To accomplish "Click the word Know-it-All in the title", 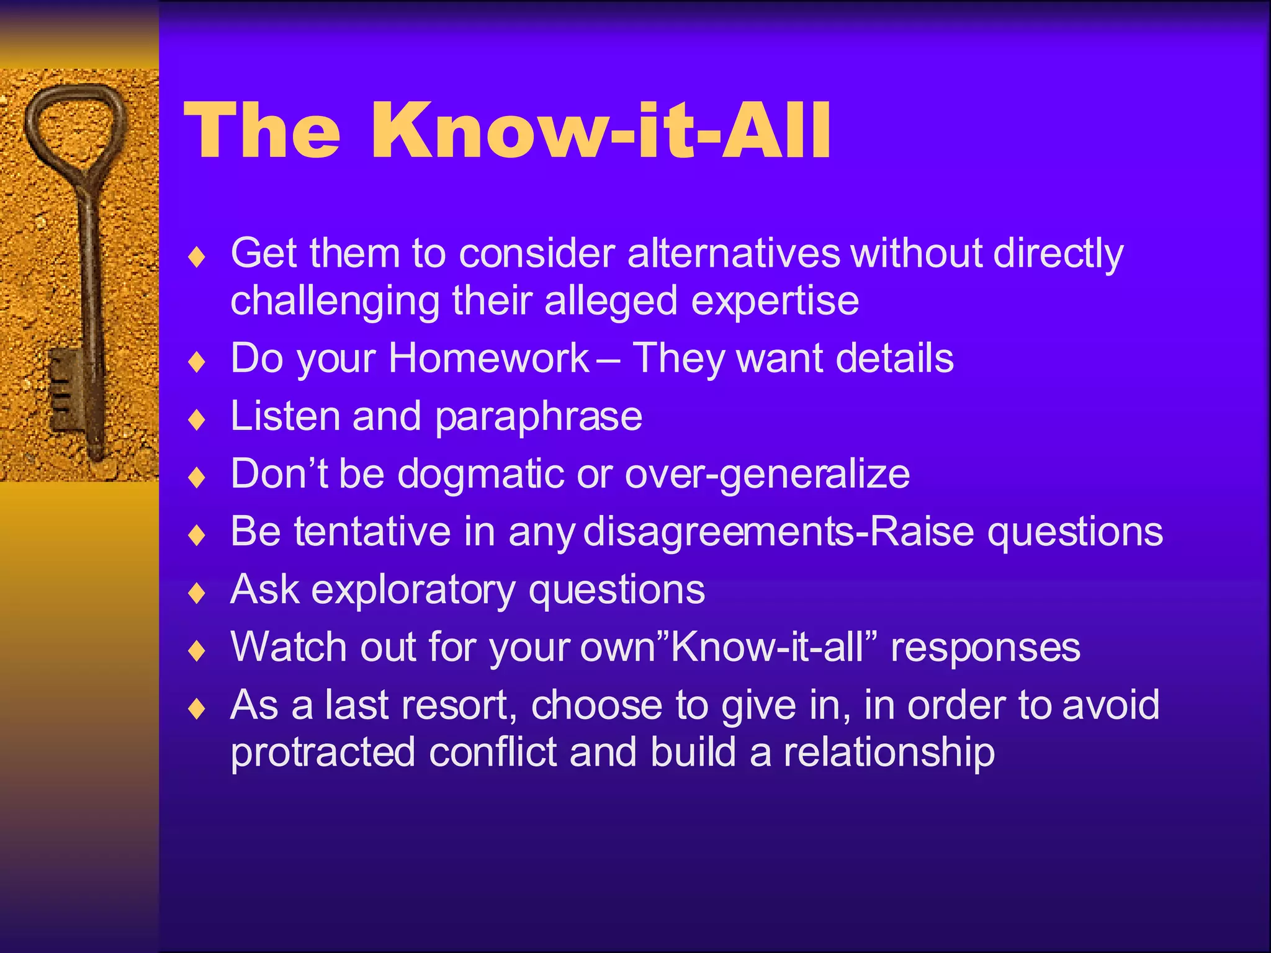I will tap(601, 132).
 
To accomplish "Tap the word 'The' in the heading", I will tap(262, 132).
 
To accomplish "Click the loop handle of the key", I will tap(74, 124).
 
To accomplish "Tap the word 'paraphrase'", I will tap(538, 416).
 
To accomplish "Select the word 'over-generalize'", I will tap(767, 474).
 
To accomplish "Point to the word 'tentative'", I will tap(372, 532).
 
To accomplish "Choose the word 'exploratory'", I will tap(413, 589).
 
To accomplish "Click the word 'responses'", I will tap(986, 647).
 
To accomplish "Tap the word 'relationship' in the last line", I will tap(889, 752).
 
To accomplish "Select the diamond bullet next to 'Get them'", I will tap(197, 257).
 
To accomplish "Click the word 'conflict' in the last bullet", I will tap(492, 752).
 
